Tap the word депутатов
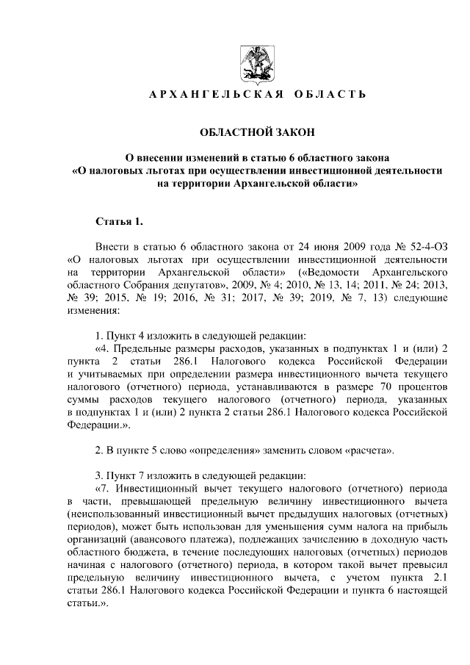(x=195, y=284)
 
